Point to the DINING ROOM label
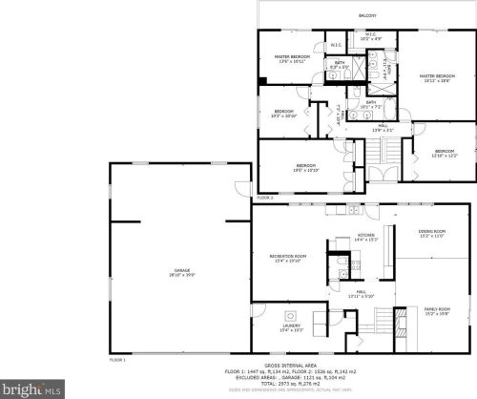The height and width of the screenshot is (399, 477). coord(431,233)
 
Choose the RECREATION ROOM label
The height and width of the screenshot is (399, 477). coord(287,258)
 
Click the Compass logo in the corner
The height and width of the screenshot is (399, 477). coord(31,389)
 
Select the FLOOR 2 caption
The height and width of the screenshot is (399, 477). coord(265,198)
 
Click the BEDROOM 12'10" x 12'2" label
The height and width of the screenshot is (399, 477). coord(445,152)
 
